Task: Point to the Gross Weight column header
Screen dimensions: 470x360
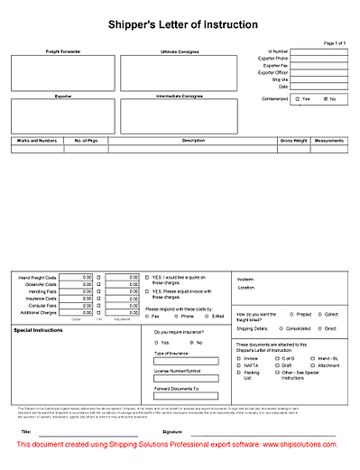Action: pos(293,141)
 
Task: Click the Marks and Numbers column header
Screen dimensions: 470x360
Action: pos(37,141)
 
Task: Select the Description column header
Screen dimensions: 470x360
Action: pos(193,141)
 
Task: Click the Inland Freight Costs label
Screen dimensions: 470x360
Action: pos(38,276)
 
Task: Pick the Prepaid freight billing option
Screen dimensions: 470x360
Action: pos(292,314)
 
